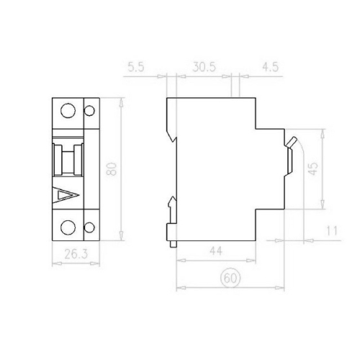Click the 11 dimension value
pyautogui.click(x=330, y=232)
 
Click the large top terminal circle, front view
pyautogui.click(x=68, y=112)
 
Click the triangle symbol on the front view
pyautogui.click(x=66, y=195)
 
